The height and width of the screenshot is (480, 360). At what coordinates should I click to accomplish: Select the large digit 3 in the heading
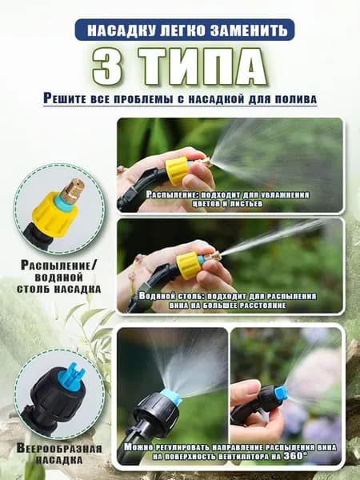pyautogui.click(x=107, y=66)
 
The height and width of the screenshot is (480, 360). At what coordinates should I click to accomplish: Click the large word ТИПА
pyautogui.click(x=202, y=66)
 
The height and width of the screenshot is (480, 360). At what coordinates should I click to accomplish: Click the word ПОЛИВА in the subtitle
pyautogui.click(x=295, y=99)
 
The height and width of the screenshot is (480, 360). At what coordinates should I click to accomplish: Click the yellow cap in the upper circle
pyautogui.click(x=54, y=214)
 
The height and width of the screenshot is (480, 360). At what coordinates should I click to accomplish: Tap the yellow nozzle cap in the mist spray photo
pyautogui.click(x=178, y=171)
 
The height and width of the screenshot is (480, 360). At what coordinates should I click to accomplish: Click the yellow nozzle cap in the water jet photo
pyautogui.click(x=189, y=266)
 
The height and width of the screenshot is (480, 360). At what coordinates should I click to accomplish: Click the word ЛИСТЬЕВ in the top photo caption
pyautogui.click(x=244, y=203)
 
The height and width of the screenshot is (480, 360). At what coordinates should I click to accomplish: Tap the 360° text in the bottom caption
pyautogui.click(x=294, y=456)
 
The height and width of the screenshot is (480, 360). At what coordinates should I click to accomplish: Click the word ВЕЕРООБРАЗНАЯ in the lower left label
pyautogui.click(x=58, y=449)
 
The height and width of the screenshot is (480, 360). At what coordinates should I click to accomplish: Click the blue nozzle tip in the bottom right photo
pyautogui.click(x=282, y=393)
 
